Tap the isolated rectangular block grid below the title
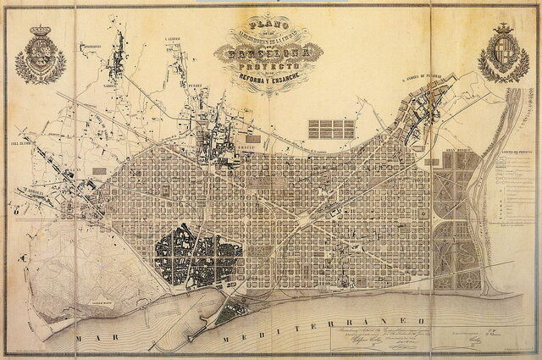point(330,129)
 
